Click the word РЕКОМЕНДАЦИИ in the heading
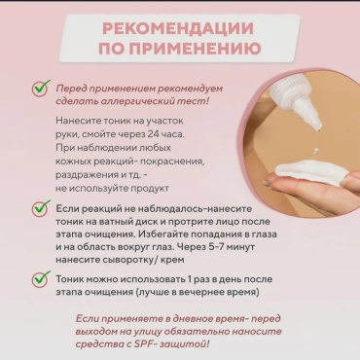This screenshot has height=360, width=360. coord(178,28)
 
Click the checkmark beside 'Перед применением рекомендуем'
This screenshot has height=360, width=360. coord(41,89)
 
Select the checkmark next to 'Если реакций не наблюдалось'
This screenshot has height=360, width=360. coord(41,208)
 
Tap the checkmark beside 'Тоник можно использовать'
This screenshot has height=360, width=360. coord(41,279)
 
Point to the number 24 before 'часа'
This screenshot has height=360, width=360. coord(154,134)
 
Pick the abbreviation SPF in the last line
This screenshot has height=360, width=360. coord(144,343)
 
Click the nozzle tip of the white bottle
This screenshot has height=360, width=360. coord(319,129)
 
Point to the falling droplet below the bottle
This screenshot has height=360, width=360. coord(314,151)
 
